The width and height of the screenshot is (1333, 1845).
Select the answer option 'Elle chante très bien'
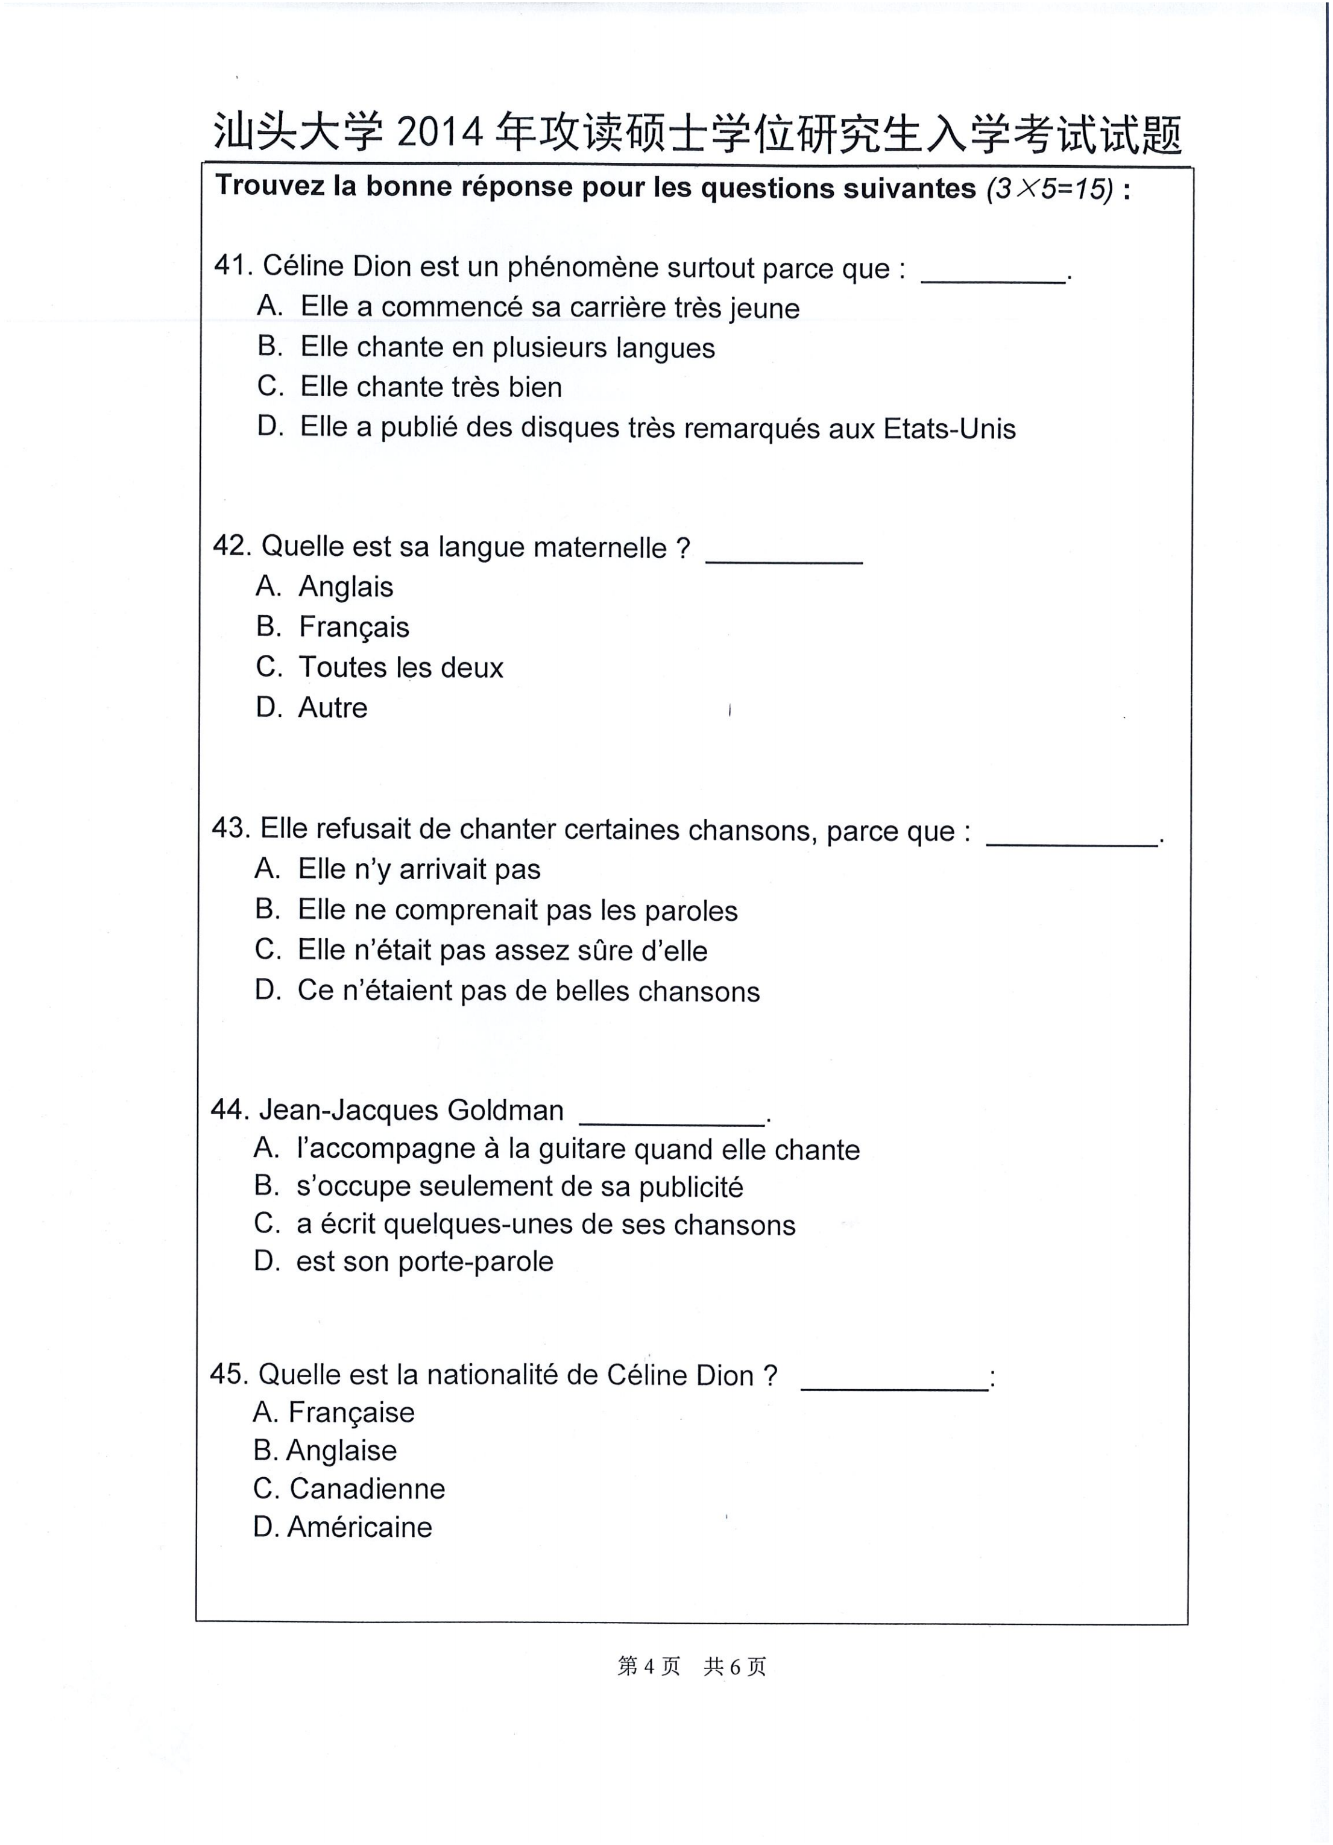(430, 386)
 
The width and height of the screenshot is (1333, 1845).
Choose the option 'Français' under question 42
(354, 627)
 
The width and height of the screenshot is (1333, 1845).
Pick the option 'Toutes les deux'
(401, 667)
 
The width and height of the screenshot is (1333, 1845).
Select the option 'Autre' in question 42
(333, 708)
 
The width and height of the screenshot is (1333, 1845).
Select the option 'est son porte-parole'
(424, 1262)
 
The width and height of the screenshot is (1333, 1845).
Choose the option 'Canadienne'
(367, 1489)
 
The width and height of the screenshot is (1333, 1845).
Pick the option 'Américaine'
(359, 1527)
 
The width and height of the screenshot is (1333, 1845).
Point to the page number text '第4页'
(648, 1667)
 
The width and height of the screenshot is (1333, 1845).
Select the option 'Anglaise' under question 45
(342, 1451)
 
